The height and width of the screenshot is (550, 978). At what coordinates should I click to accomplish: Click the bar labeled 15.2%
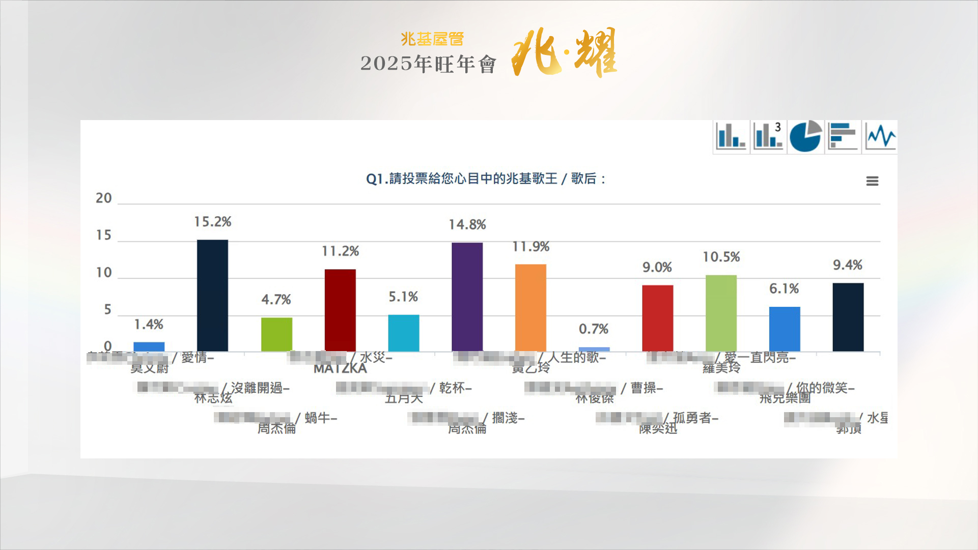pos(212,295)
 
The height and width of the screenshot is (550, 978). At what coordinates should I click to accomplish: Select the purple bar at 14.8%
pos(467,297)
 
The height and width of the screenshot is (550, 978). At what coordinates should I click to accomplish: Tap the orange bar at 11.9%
pos(530,307)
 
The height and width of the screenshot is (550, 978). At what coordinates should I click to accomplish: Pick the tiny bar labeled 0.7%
pos(594,349)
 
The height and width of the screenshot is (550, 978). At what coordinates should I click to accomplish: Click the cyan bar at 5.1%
pos(403,333)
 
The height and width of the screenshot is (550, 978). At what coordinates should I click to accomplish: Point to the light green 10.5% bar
pos(721,313)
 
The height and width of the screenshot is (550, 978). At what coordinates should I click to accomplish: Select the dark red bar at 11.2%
pos(340,310)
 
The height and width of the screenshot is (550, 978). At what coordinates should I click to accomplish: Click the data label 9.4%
pos(847,265)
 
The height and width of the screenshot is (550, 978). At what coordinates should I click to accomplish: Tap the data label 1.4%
pos(148,325)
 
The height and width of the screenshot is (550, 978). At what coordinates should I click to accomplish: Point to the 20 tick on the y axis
pos(104,198)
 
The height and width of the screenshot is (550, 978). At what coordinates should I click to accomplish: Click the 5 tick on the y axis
pos(107,310)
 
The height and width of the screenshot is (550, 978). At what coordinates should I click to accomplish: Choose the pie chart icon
pos(805,137)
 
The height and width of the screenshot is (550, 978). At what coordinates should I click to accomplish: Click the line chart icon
pos(880,137)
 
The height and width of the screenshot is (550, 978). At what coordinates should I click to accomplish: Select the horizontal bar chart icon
pos(843,137)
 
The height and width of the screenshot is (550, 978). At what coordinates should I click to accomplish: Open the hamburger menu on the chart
pos(872,181)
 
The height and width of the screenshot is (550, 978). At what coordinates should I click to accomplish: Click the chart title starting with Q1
pos(486,179)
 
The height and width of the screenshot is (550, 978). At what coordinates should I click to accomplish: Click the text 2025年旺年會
pos(428,64)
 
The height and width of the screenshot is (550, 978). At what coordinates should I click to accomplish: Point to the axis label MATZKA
pos(340,369)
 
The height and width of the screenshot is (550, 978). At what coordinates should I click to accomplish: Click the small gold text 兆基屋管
pos(432,39)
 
